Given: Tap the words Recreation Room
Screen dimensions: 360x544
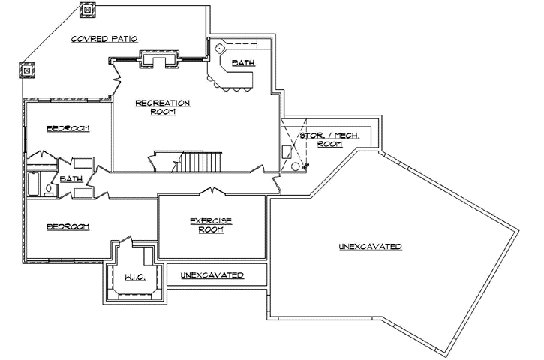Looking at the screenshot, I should click(162, 107).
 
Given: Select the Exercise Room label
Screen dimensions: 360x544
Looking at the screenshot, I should click(211, 225).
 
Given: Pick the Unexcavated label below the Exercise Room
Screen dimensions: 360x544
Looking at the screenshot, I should click(212, 276).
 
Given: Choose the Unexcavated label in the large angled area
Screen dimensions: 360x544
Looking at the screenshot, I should click(369, 246).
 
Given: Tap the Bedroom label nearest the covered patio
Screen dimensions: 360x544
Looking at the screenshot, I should click(68, 128).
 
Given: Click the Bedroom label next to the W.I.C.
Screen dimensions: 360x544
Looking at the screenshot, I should click(68, 226).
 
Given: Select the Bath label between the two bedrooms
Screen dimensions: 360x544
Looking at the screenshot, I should click(71, 179).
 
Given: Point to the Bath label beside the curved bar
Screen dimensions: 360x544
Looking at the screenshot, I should click(242, 63).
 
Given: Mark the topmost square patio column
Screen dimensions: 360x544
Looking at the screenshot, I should click(87, 10).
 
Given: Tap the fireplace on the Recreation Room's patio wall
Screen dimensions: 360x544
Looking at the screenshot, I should click(158, 58).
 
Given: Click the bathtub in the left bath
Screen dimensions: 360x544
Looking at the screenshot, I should click(35, 184).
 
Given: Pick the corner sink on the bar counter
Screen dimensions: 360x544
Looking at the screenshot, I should click(220, 47).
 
